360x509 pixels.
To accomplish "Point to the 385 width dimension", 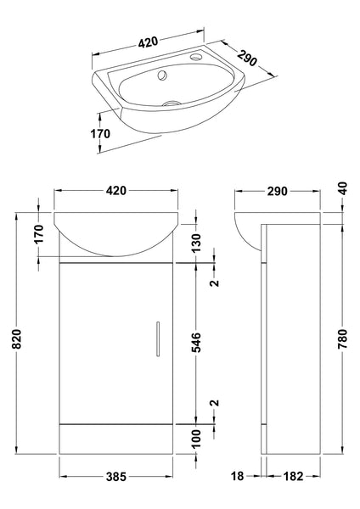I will (x=115, y=478).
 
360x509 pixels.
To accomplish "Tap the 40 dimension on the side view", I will (x=342, y=189).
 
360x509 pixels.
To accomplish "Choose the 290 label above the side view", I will (x=276, y=191).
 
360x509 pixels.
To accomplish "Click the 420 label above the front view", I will (x=115, y=191).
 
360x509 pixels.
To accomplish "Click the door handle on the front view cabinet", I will (x=156, y=338).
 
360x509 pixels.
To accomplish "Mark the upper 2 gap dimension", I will (x=215, y=282).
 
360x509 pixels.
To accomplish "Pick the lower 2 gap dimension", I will (x=215, y=403).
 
